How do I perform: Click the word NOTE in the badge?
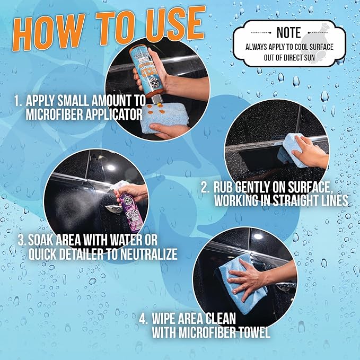point(289,33)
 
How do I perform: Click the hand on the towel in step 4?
point(249,278)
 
